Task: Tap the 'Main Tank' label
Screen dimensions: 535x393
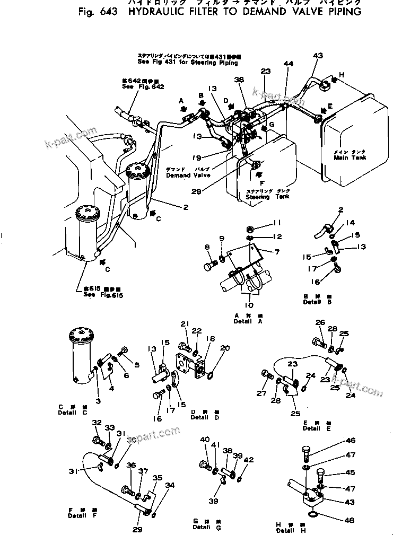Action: pos(347,157)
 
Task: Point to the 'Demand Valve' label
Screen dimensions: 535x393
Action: pos(188,175)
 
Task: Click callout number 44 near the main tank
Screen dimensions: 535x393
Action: pos(288,64)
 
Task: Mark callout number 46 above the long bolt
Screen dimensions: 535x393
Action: pos(351,441)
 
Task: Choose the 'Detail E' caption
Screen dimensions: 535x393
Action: pos(323,428)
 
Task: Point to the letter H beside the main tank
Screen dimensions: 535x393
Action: pos(342,75)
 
